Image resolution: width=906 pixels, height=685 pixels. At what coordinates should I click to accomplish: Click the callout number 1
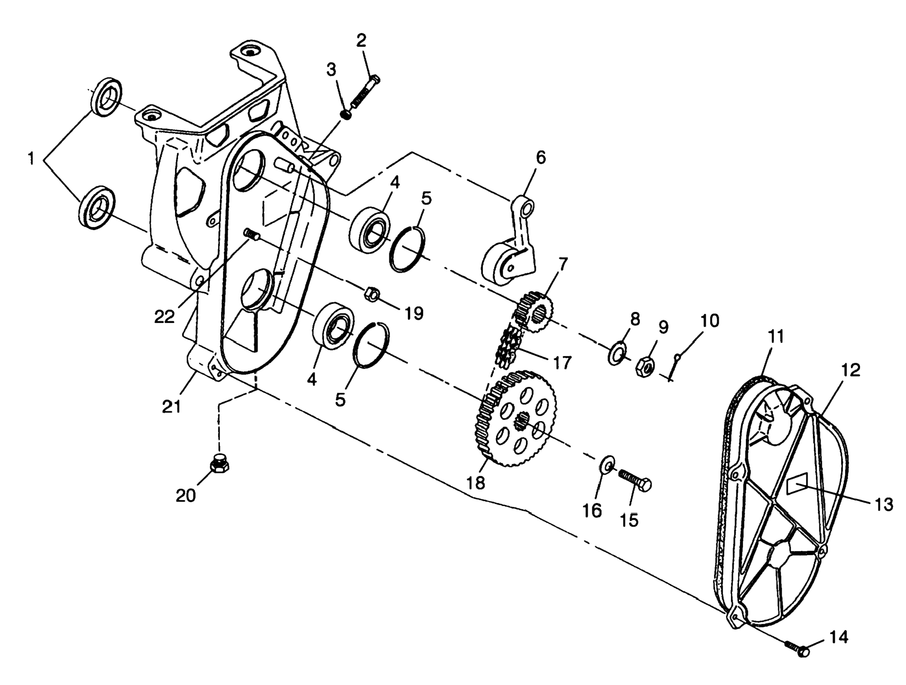pyautogui.click(x=31, y=159)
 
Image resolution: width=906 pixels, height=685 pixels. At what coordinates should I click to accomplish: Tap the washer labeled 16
pyautogui.click(x=606, y=465)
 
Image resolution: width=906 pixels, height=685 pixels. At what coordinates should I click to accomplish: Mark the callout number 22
pyautogui.click(x=165, y=316)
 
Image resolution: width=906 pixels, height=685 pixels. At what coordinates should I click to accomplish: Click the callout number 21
pyautogui.click(x=172, y=406)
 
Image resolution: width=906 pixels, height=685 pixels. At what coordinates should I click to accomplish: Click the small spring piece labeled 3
pyautogui.click(x=346, y=115)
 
